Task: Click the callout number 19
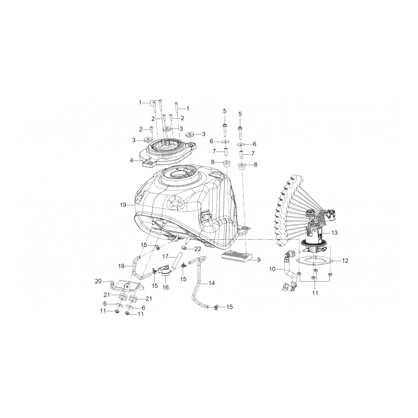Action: point(123,205)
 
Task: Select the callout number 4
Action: point(132,160)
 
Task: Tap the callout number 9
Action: point(259,260)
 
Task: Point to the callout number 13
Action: point(334,233)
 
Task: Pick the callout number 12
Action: point(345,261)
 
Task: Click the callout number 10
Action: point(272,269)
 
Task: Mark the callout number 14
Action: point(212,283)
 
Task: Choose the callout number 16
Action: point(166,287)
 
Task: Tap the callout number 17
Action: point(165,257)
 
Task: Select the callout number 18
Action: point(121,266)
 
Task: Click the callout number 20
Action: point(98,281)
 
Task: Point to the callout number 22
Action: point(198,249)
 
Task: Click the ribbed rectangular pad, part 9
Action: point(237,256)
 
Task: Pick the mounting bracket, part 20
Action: point(125,286)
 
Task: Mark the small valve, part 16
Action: point(165,270)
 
